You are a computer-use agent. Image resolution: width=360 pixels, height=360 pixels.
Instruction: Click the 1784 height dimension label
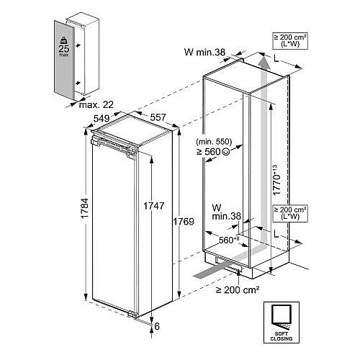coord(85,208)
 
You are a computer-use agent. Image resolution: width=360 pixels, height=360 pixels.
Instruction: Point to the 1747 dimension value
coord(153,206)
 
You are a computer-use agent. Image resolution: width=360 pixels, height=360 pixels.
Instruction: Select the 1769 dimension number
coord(184,222)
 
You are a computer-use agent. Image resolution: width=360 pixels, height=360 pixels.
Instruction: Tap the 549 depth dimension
coord(102,118)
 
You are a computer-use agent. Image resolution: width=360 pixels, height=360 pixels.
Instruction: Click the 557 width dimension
coord(158,117)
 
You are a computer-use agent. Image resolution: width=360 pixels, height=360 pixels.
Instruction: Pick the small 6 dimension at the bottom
coord(157,326)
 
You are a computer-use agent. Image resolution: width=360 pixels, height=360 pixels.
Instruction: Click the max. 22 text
coord(96,104)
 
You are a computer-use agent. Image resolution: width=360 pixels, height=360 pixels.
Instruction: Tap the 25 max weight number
coord(64,49)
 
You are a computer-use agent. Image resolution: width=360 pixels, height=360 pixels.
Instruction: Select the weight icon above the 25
coord(64,40)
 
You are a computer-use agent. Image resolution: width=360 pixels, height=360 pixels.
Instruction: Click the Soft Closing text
coord(282,336)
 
